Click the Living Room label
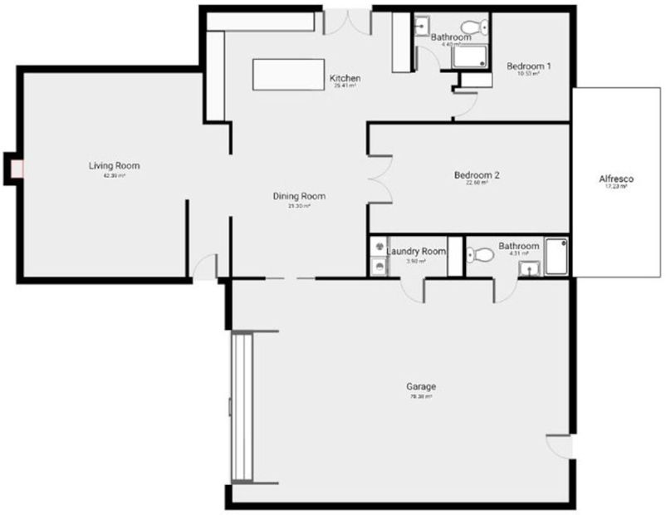pyautogui.click(x=114, y=166)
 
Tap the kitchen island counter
pyautogui.click(x=289, y=74)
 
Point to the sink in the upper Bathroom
pyautogui.click(x=420, y=23)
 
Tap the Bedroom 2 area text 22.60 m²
pyautogui.click(x=477, y=183)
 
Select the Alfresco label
pyautogui.click(x=616, y=179)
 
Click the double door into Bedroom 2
pyautogui.click(x=380, y=178)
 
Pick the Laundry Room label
pyautogui.click(x=416, y=251)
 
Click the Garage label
pyautogui.click(x=421, y=387)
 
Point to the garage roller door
pyautogui.click(x=241, y=407)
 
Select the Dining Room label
pyautogui.click(x=299, y=197)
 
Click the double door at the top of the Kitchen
pyautogui.click(x=346, y=22)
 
